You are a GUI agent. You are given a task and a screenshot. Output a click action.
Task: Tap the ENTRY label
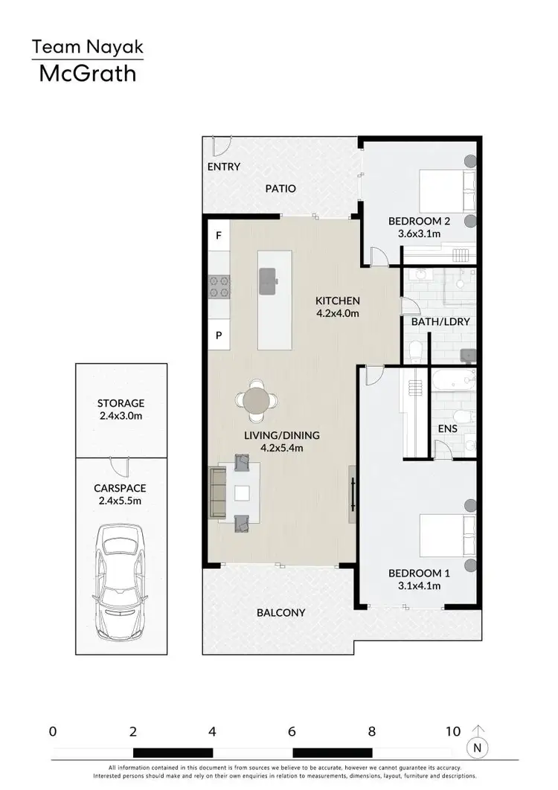pyautogui.click(x=223, y=167)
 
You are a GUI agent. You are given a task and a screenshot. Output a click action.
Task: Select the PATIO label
pyautogui.click(x=280, y=189)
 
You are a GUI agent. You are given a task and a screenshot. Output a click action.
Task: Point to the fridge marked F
pyautogui.click(x=219, y=236)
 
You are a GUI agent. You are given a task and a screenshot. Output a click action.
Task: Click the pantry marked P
pyautogui.click(x=219, y=335)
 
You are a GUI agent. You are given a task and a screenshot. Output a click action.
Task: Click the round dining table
pyautogui.click(x=257, y=399)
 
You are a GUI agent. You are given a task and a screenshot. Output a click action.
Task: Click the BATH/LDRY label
pyautogui.click(x=440, y=322)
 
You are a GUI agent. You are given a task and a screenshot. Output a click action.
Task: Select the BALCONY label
pyautogui.click(x=280, y=613)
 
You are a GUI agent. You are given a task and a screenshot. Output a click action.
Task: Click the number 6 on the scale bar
pyautogui.click(x=292, y=731)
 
